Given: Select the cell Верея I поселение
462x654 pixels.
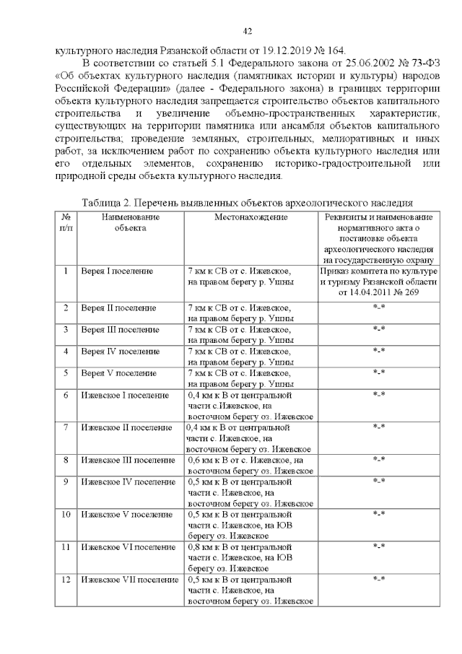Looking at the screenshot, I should click(117, 271).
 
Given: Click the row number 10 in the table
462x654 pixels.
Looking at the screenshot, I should click(66, 514).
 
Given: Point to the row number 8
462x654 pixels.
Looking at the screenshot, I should click(66, 460).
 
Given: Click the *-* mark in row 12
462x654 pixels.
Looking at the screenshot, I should click(378, 580).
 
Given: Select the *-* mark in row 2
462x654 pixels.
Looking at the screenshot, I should click(378, 308).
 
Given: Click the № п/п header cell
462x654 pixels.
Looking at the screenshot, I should click(66, 222).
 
